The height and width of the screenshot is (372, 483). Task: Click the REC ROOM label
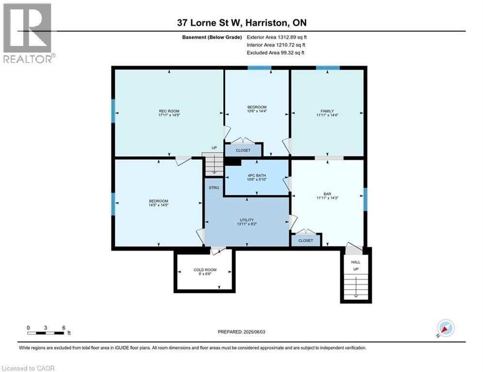(168, 111)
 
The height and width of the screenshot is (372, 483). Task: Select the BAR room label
(327, 194)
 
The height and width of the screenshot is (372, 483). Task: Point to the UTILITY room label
(246, 220)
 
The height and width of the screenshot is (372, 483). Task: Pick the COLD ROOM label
(205, 270)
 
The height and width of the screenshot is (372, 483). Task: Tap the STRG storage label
(214, 187)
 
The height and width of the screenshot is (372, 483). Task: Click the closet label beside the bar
(306, 240)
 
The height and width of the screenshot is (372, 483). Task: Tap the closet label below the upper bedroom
(243, 151)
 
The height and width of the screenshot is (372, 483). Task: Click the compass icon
(445, 328)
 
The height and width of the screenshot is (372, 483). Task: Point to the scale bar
(46, 332)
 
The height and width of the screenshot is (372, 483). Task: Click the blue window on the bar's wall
(365, 200)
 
